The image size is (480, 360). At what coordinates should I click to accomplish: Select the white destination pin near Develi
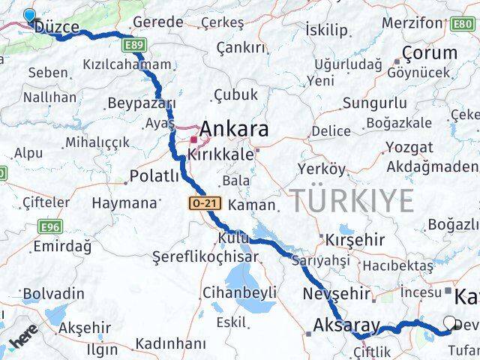pos(450,323)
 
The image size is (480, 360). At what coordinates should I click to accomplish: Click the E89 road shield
pos(135,46)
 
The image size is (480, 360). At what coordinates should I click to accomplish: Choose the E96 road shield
pos(51,226)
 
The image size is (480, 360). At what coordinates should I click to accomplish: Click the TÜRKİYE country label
pos(352,201)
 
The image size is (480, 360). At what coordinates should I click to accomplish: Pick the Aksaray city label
pos(342,327)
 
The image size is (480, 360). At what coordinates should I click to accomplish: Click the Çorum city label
pos(430,53)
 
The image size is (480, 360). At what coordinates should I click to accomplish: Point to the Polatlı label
pos(154,176)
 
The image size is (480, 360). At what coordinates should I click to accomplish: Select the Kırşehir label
pos(355,240)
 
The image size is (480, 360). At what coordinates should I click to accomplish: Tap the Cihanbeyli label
pos(241,292)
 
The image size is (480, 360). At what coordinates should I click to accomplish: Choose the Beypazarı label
pos(142,103)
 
